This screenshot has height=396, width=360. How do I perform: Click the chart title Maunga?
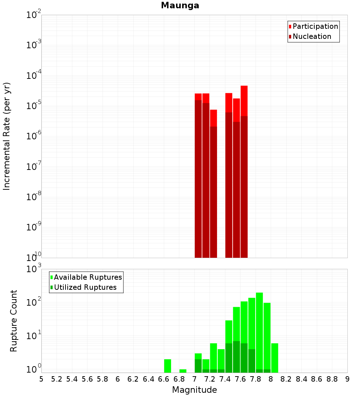[180, 5]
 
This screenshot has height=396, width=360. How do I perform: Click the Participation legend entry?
[315, 26]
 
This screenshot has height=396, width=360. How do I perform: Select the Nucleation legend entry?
[312, 36]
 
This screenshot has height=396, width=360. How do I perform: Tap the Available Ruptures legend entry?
[88, 277]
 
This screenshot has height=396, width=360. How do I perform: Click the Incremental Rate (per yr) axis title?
[6, 136]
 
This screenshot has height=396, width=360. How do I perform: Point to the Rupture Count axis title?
[14, 321]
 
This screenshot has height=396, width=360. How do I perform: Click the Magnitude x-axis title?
[194, 390]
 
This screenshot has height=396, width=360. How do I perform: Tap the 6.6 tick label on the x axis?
[164, 379]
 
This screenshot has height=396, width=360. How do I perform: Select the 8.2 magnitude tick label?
[286, 379]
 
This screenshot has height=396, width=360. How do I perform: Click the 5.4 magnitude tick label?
[72, 379]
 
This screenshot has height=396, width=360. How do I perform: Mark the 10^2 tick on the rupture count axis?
[34, 302]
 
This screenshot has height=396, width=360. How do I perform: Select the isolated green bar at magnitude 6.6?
[167, 366]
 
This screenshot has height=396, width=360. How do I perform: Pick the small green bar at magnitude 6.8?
[183, 371]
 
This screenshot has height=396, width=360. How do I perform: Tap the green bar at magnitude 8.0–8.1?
[275, 358]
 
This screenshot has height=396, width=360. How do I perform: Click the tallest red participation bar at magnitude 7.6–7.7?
[244, 101]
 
